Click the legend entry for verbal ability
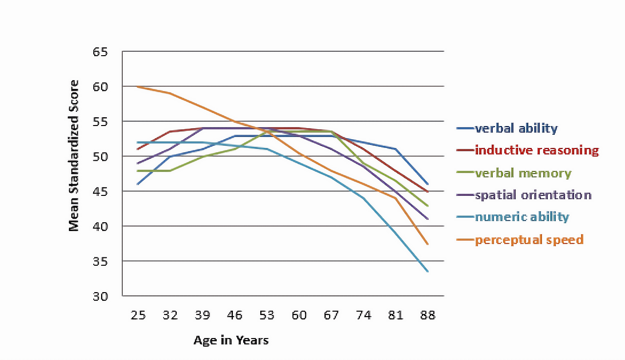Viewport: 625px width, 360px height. click(x=516, y=128)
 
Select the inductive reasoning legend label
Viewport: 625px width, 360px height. click(x=537, y=150)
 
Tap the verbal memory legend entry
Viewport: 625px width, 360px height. click(x=523, y=173)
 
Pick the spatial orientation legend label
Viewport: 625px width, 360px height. click(x=533, y=195)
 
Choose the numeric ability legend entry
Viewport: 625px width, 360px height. click(x=522, y=217)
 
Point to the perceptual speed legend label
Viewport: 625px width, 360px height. click(x=529, y=240)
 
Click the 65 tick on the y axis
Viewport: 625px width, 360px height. click(x=100, y=52)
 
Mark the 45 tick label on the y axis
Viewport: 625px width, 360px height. click(x=100, y=191)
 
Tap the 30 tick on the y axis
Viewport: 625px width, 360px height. click(x=100, y=296)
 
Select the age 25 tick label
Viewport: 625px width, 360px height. click(x=138, y=316)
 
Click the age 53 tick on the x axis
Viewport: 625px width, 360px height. click(x=267, y=316)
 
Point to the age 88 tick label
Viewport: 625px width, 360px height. click(x=428, y=316)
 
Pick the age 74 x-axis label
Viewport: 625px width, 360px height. click(x=364, y=316)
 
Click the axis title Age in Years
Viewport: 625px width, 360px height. click(x=231, y=340)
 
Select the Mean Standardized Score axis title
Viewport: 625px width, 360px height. click(x=74, y=155)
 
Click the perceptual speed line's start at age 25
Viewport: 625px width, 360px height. click(x=138, y=87)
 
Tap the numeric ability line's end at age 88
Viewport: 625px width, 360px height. click(x=428, y=271)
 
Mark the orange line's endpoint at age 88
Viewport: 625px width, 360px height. click(x=428, y=244)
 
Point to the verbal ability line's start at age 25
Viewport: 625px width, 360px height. click(x=138, y=184)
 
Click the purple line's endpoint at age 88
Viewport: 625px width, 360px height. click(x=428, y=219)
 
